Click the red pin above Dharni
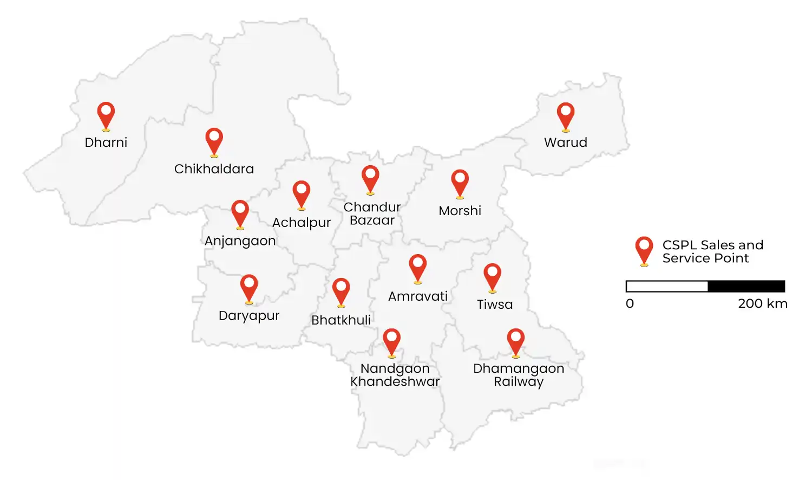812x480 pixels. tap(106, 114)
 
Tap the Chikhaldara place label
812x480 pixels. tap(214, 169)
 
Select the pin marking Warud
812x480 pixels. tap(566, 115)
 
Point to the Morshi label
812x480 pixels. tap(460, 211)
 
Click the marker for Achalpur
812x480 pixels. tap(302, 193)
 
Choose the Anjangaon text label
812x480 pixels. tap(240, 241)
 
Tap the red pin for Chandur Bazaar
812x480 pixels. tap(370, 178)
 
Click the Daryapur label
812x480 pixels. tap(249, 316)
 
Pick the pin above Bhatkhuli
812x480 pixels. tap(341, 290)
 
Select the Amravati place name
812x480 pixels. tap(418, 296)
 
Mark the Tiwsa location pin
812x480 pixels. tap(492, 276)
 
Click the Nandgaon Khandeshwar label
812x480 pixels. tap(395, 375)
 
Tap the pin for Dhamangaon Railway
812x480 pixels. tap(516, 341)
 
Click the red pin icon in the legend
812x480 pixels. tap(644, 250)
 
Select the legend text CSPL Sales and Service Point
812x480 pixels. tap(712, 251)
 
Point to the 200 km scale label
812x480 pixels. tap(762, 303)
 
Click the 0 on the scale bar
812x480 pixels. tap(630, 303)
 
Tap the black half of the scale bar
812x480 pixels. tap(746, 286)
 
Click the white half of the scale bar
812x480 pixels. tap(667, 286)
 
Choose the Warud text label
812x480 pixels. tap(566, 142)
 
